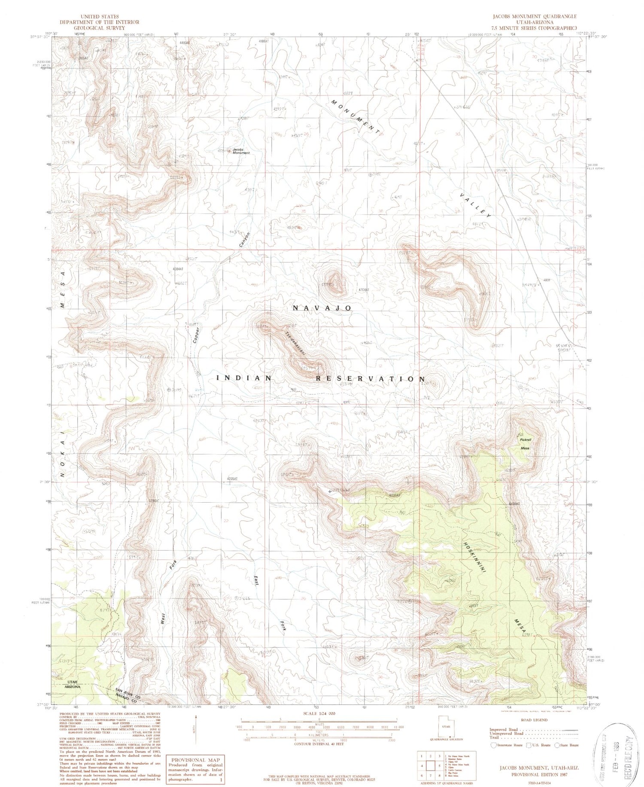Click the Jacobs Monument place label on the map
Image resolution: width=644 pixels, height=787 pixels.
[x=241, y=151]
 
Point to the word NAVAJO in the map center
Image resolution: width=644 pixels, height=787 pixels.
[x=322, y=308]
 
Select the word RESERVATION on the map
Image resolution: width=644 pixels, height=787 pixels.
[x=371, y=378]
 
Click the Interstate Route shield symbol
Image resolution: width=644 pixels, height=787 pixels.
[x=494, y=745]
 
